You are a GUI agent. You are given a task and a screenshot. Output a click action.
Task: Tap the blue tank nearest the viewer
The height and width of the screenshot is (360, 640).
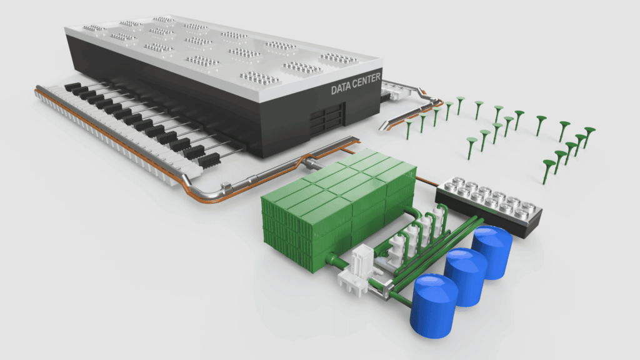coord(434,306)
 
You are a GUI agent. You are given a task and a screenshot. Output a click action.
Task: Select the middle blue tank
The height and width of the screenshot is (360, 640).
coord(466,277)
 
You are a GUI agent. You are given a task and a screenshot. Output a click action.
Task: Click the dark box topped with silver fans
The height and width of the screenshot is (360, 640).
coord(489,206)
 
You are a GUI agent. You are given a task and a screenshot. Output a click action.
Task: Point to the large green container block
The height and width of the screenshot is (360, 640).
coord(339,208)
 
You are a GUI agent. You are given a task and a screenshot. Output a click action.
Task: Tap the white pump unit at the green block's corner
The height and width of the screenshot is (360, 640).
coord(356,271)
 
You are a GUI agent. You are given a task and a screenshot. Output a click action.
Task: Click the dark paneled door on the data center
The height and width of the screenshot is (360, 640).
coord(326,119)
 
